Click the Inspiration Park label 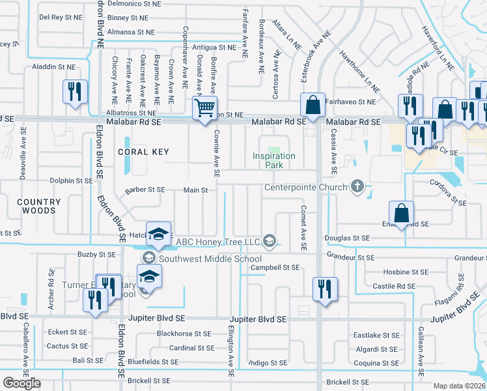(274, 160)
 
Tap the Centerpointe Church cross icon (357, 187)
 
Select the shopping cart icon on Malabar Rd (205, 108)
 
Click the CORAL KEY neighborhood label (143, 152)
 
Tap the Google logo (21, 383)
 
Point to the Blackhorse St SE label (184, 334)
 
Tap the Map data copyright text (460, 386)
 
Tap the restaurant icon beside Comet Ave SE (324, 287)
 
